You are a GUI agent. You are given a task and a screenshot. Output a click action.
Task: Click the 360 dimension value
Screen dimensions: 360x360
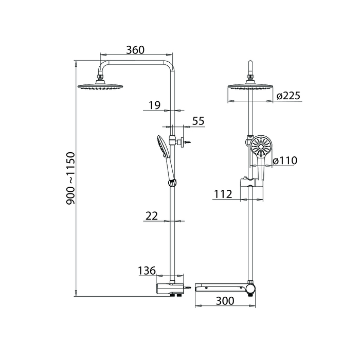coord(135,50)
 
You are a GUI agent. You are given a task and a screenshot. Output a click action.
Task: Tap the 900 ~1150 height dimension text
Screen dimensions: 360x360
coord(71,178)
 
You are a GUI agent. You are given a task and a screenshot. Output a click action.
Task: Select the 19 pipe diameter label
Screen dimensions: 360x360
coord(154,105)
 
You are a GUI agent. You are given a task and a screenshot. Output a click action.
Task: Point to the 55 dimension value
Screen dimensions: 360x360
coord(199,121)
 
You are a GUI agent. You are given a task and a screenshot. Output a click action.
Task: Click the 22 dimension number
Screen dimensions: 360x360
coord(152,216)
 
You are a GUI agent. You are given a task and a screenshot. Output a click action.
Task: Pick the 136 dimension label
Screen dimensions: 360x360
coord(147,271)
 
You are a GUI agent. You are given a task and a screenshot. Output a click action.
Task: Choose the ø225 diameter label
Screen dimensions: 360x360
coord(289,96)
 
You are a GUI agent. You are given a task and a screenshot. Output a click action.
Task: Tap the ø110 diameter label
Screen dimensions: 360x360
coord(285,160)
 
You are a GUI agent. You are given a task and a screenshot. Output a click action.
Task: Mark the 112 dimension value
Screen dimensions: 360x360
coord(223,194)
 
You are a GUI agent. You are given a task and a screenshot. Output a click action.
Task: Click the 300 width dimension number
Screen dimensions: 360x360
coord(225,301)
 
